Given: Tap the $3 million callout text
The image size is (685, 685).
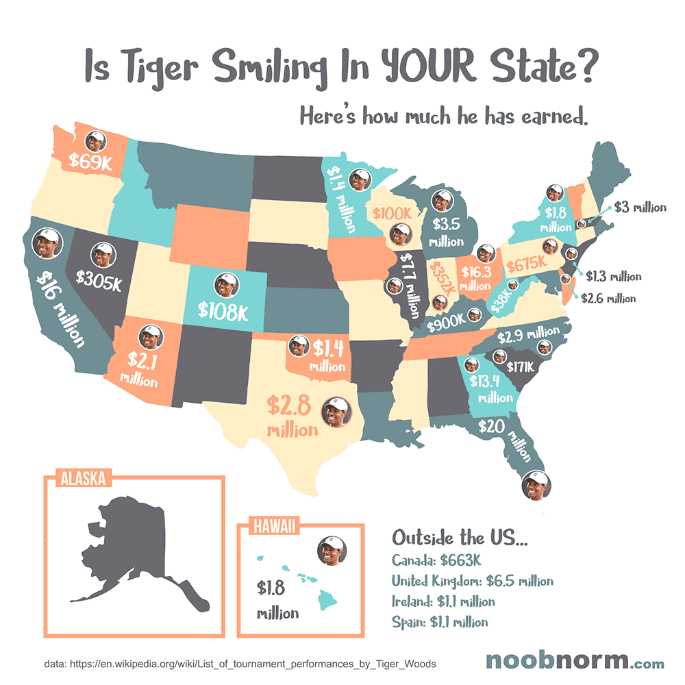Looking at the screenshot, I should (639, 206).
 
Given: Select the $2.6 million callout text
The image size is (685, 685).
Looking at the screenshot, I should (608, 298).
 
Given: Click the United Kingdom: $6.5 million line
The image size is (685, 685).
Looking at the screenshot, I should (472, 581).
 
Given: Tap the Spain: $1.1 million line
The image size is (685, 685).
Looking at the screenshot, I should (440, 622).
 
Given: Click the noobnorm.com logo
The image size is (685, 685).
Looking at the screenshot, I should (574, 661).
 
